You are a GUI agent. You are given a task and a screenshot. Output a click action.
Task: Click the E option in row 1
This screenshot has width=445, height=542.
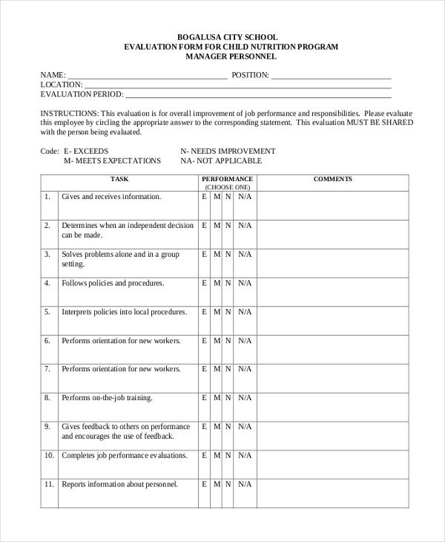click(205, 197)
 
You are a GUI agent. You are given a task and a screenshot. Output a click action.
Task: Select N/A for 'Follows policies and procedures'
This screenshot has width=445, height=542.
click(245, 283)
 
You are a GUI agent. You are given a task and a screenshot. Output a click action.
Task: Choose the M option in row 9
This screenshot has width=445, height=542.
click(217, 427)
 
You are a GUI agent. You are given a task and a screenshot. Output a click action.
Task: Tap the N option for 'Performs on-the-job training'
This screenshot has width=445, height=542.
click(228, 398)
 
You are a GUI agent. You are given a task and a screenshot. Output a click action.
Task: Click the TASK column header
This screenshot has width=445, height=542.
click(119, 179)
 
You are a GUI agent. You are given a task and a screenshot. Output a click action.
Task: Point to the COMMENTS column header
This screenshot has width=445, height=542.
click(332, 179)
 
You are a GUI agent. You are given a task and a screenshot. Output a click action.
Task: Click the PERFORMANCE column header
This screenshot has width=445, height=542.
click(227, 179)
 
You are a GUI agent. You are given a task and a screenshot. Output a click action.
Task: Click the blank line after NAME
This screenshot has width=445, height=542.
click(147, 76)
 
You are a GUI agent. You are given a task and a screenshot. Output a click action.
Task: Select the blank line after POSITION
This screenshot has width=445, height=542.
click(331, 76)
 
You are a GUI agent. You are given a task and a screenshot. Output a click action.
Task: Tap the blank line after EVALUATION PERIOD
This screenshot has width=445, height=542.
click(257, 95)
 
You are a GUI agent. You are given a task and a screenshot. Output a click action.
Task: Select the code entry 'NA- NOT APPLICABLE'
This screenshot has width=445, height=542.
click(221, 160)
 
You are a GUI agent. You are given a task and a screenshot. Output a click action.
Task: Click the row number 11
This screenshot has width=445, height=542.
click(49, 484)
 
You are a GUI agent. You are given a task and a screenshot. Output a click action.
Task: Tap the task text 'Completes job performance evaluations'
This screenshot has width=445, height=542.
click(124, 455)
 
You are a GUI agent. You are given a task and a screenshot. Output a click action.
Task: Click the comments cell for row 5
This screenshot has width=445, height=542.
click(332, 321)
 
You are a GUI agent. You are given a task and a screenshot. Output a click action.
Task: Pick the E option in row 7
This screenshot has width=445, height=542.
click(205, 369)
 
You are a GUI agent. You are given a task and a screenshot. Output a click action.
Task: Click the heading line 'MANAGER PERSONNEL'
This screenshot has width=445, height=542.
click(230, 56)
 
